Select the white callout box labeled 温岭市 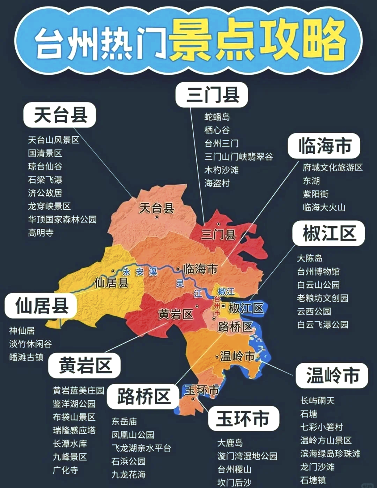(x=332, y=375)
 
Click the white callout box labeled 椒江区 (x=328, y=233)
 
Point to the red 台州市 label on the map (x=217, y=306)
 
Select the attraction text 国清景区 (x=45, y=153)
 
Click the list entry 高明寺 (x=41, y=233)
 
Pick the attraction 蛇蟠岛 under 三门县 (x=217, y=117)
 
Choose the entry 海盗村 (x=217, y=183)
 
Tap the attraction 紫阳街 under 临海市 (x=316, y=194)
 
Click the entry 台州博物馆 (x=318, y=271)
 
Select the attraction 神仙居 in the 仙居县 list (x=22, y=330)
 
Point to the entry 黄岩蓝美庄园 (x=79, y=390)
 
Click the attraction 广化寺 (x=66, y=470)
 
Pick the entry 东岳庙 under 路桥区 (x=124, y=421)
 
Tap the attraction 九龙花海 (x=128, y=474)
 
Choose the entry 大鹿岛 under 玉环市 (x=230, y=443)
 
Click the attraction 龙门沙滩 (x=317, y=467)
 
